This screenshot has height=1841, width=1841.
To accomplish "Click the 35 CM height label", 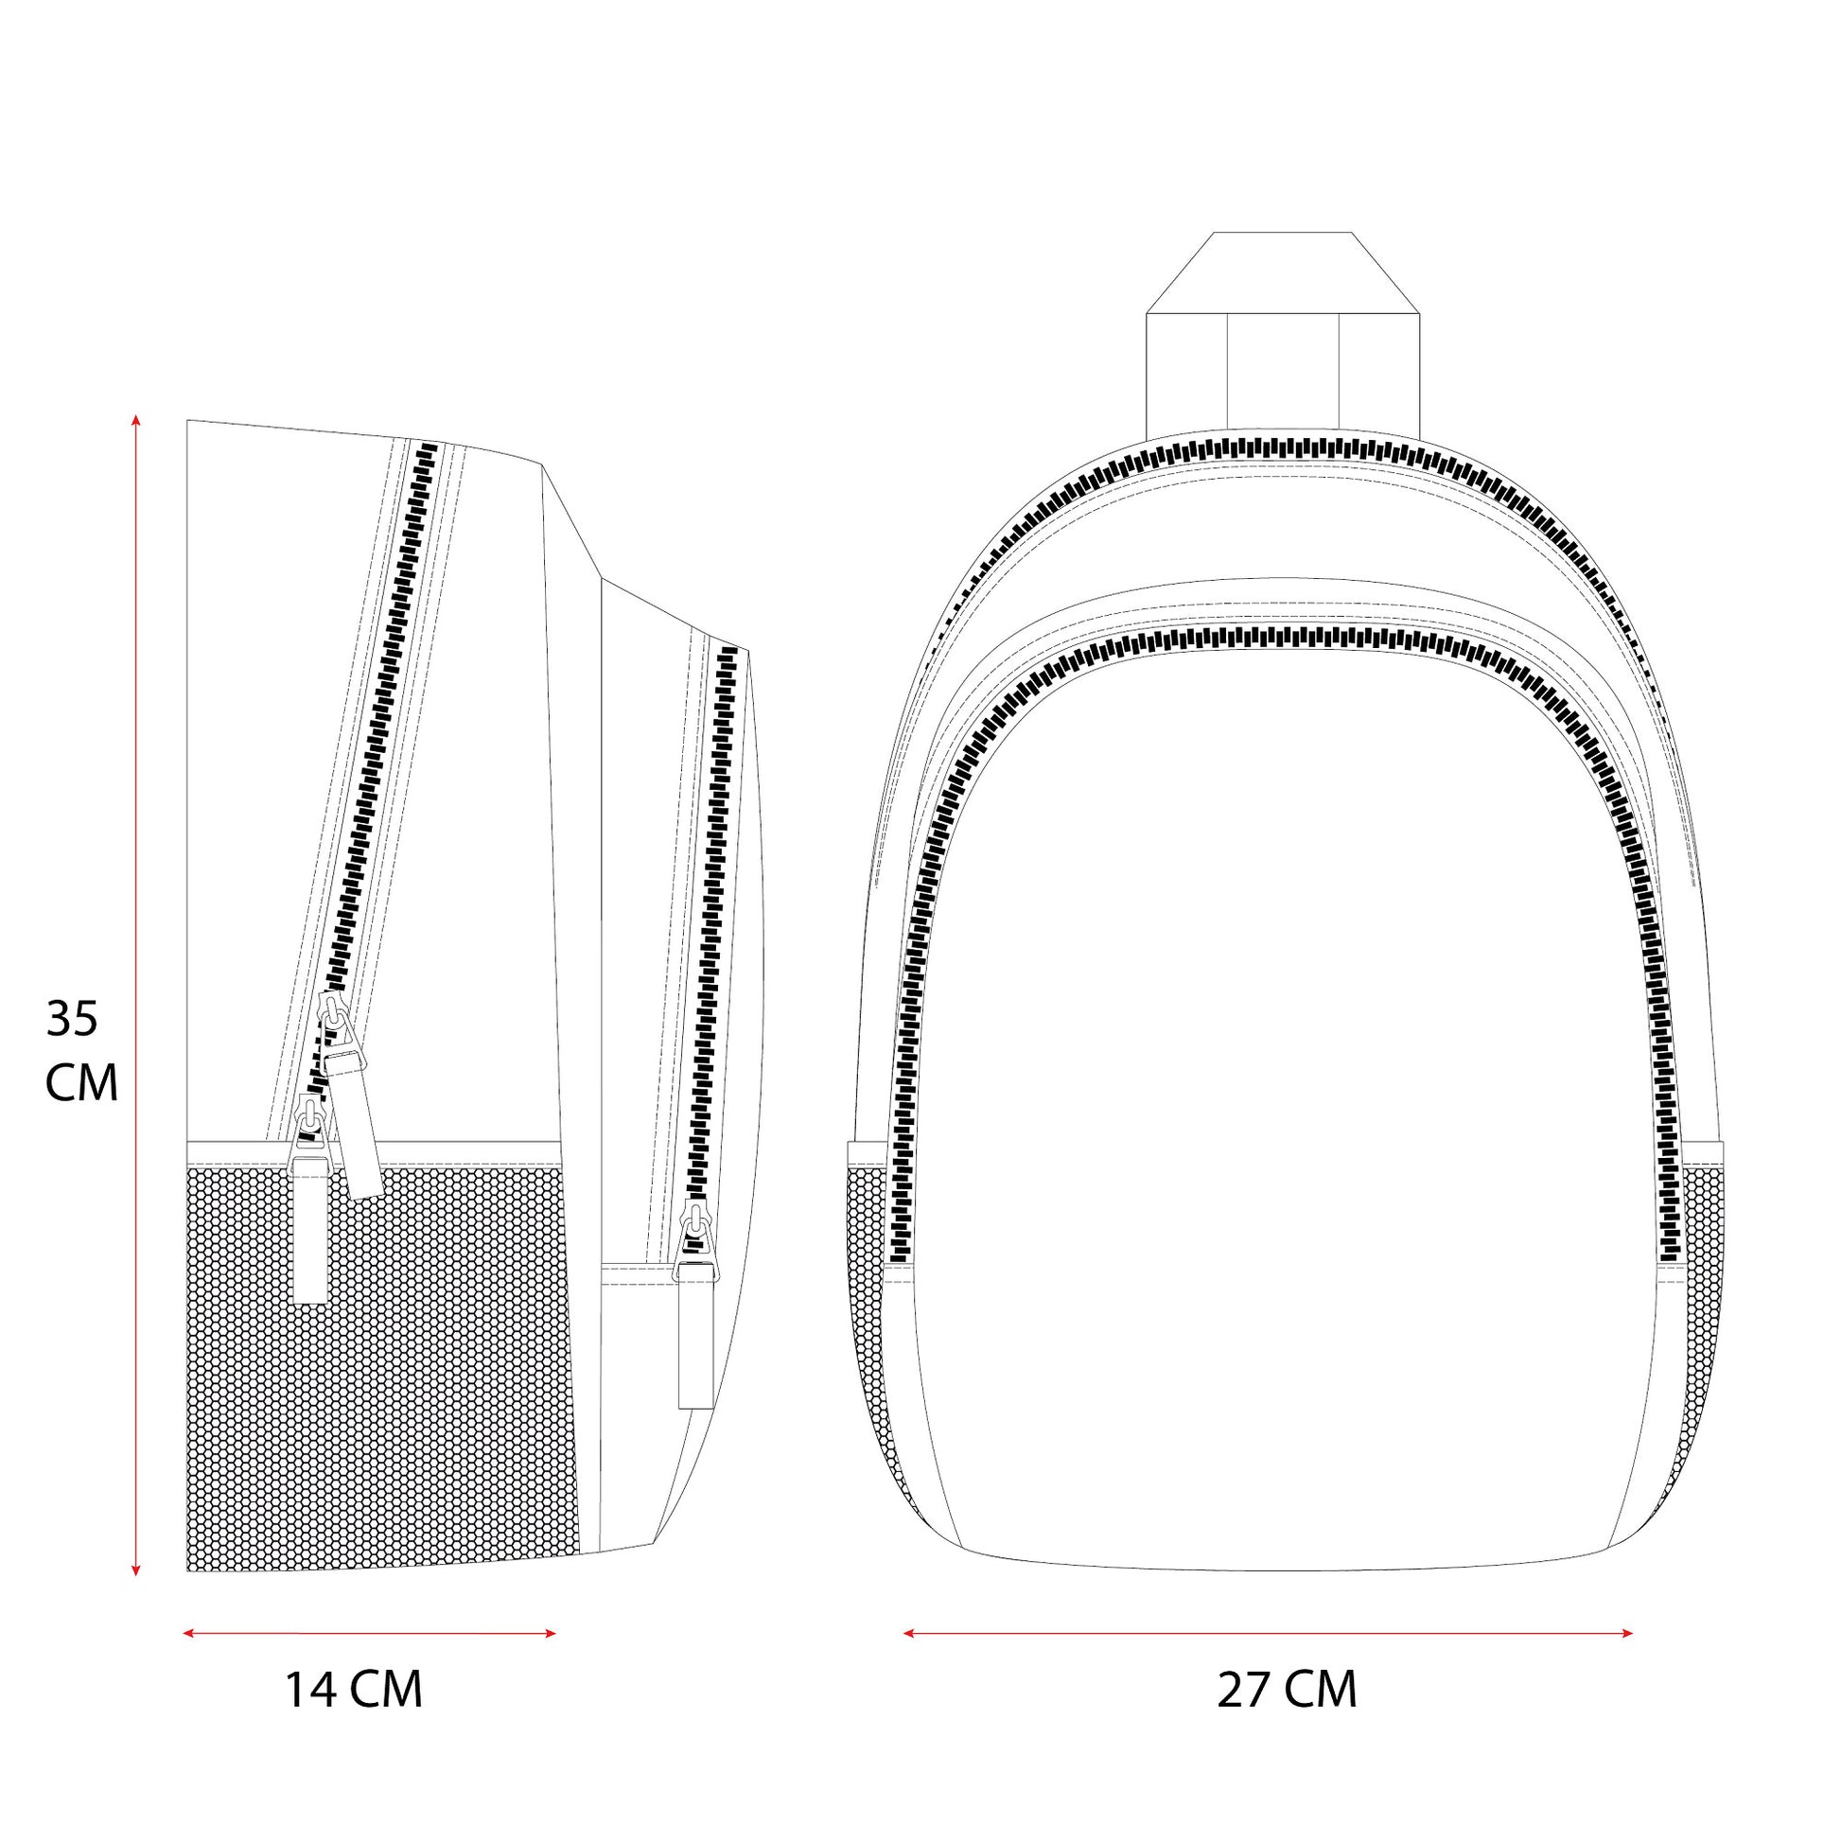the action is point(82,1051).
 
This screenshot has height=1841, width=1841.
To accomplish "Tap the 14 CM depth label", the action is point(354,1690).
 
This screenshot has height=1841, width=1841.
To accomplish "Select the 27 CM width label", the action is point(1287,1690).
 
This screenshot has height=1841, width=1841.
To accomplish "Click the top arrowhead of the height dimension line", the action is point(136,420).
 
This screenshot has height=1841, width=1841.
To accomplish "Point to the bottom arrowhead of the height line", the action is point(136,1572).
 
